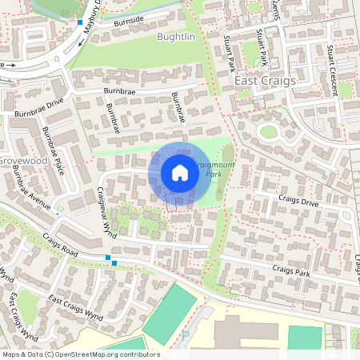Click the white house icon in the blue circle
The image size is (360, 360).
coord(180,173)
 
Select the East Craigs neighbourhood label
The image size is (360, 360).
coord(265,81)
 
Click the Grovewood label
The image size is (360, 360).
coord(25,160)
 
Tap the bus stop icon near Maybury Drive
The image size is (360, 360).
coord(80,22)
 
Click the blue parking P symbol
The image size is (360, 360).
coord(186,334)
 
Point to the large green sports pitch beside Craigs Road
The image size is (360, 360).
coord(170,314)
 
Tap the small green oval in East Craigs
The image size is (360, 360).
coord(268,132)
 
